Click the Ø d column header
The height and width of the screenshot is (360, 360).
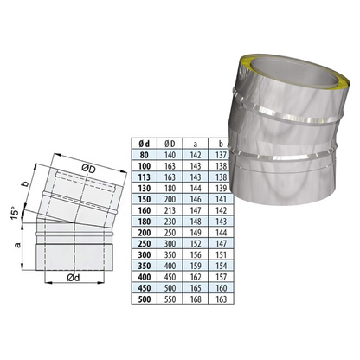[x=144, y=144]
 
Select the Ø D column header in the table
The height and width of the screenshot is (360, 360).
[x=170, y=144]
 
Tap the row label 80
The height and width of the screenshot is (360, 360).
[x=144, y=155]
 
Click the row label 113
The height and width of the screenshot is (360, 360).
[x=144, y=177]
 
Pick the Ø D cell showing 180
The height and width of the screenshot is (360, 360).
[x=170, y=188]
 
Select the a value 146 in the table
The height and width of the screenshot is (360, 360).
[x=196, y=199]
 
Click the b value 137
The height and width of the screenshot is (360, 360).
[x=221, y=155]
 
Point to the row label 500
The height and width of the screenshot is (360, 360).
[x=144, y=299]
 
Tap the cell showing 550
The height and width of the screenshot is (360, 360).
[x=170, y=299]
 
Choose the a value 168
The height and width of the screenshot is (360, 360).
[x=196, y=299]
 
